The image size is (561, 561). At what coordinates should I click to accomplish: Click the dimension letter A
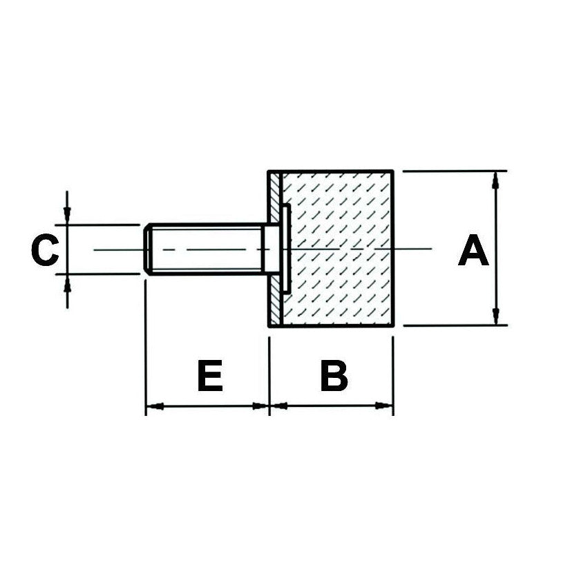(x=473, y=250)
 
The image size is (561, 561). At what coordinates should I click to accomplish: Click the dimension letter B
(x=334, y=376)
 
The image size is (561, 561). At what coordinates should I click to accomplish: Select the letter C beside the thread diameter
(x=45, y=249)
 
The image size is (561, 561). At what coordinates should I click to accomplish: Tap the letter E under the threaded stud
(x=210, y=376)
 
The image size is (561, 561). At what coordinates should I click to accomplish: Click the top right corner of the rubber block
(x=393, y=171)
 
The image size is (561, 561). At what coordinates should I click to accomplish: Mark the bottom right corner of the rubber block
(x=394, y=326)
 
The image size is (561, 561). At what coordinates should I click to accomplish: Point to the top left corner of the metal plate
(x=269, y=171)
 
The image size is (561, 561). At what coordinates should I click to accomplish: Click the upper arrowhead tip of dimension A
(x=495, y=172)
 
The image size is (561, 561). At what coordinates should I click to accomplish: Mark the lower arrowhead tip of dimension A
(x=496, y=325)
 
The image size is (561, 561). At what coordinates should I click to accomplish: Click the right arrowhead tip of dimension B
(x=392, y=406)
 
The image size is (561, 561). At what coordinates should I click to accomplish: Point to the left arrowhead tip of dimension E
(x=146, y=406)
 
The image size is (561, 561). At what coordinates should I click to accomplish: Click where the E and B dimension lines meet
(x=269, y=406)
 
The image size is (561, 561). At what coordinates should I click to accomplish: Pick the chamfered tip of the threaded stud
(x=146, y=249)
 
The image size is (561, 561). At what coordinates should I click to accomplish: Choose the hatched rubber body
(x=338, y=249)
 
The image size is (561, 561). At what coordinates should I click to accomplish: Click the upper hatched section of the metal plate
(x=275, y=198)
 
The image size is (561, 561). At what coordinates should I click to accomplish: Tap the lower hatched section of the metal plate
(x=275, y=301)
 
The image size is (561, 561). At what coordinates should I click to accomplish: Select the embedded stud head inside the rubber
(x=286, y=249)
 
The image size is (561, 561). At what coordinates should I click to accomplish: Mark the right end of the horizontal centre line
(x=432, y=248)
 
